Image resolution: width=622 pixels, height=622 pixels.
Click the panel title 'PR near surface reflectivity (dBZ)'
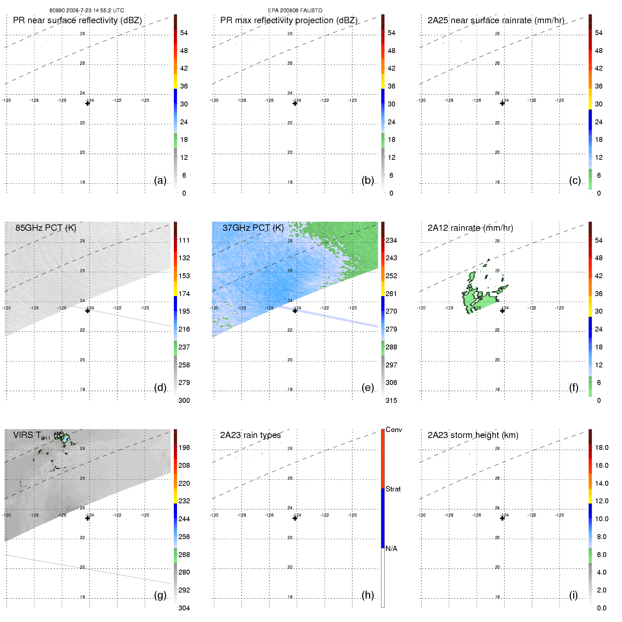[77, 20]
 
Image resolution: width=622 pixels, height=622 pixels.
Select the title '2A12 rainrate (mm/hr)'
[470, 228]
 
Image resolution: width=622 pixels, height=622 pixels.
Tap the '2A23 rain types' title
[250, 435]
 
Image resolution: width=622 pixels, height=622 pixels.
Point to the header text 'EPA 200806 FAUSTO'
[295, 11]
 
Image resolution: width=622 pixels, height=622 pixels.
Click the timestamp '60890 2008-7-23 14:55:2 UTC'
[86, 11]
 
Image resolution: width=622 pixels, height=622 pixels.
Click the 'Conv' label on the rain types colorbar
[393, 430]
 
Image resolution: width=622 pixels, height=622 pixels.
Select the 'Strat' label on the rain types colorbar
[393, 489]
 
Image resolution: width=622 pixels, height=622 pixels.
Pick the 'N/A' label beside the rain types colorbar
[391, 549]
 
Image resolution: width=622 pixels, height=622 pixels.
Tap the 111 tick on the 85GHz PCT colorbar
[184, 240]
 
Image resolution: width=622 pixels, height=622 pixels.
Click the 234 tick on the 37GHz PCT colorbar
[391, 240]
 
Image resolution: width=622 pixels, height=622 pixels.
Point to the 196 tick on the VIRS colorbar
[184, 447]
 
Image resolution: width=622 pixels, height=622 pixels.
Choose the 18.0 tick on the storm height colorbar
[601, 447]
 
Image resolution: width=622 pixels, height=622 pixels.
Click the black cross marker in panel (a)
[87, 103]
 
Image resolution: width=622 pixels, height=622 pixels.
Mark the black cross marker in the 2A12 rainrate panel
[502, 311]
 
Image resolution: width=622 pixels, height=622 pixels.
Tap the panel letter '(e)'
[367, 387]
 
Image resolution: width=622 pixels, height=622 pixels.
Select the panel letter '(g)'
[160, 595]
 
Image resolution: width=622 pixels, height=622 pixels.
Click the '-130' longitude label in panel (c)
[421, 100]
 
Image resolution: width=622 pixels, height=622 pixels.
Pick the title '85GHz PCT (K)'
[46, 228]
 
